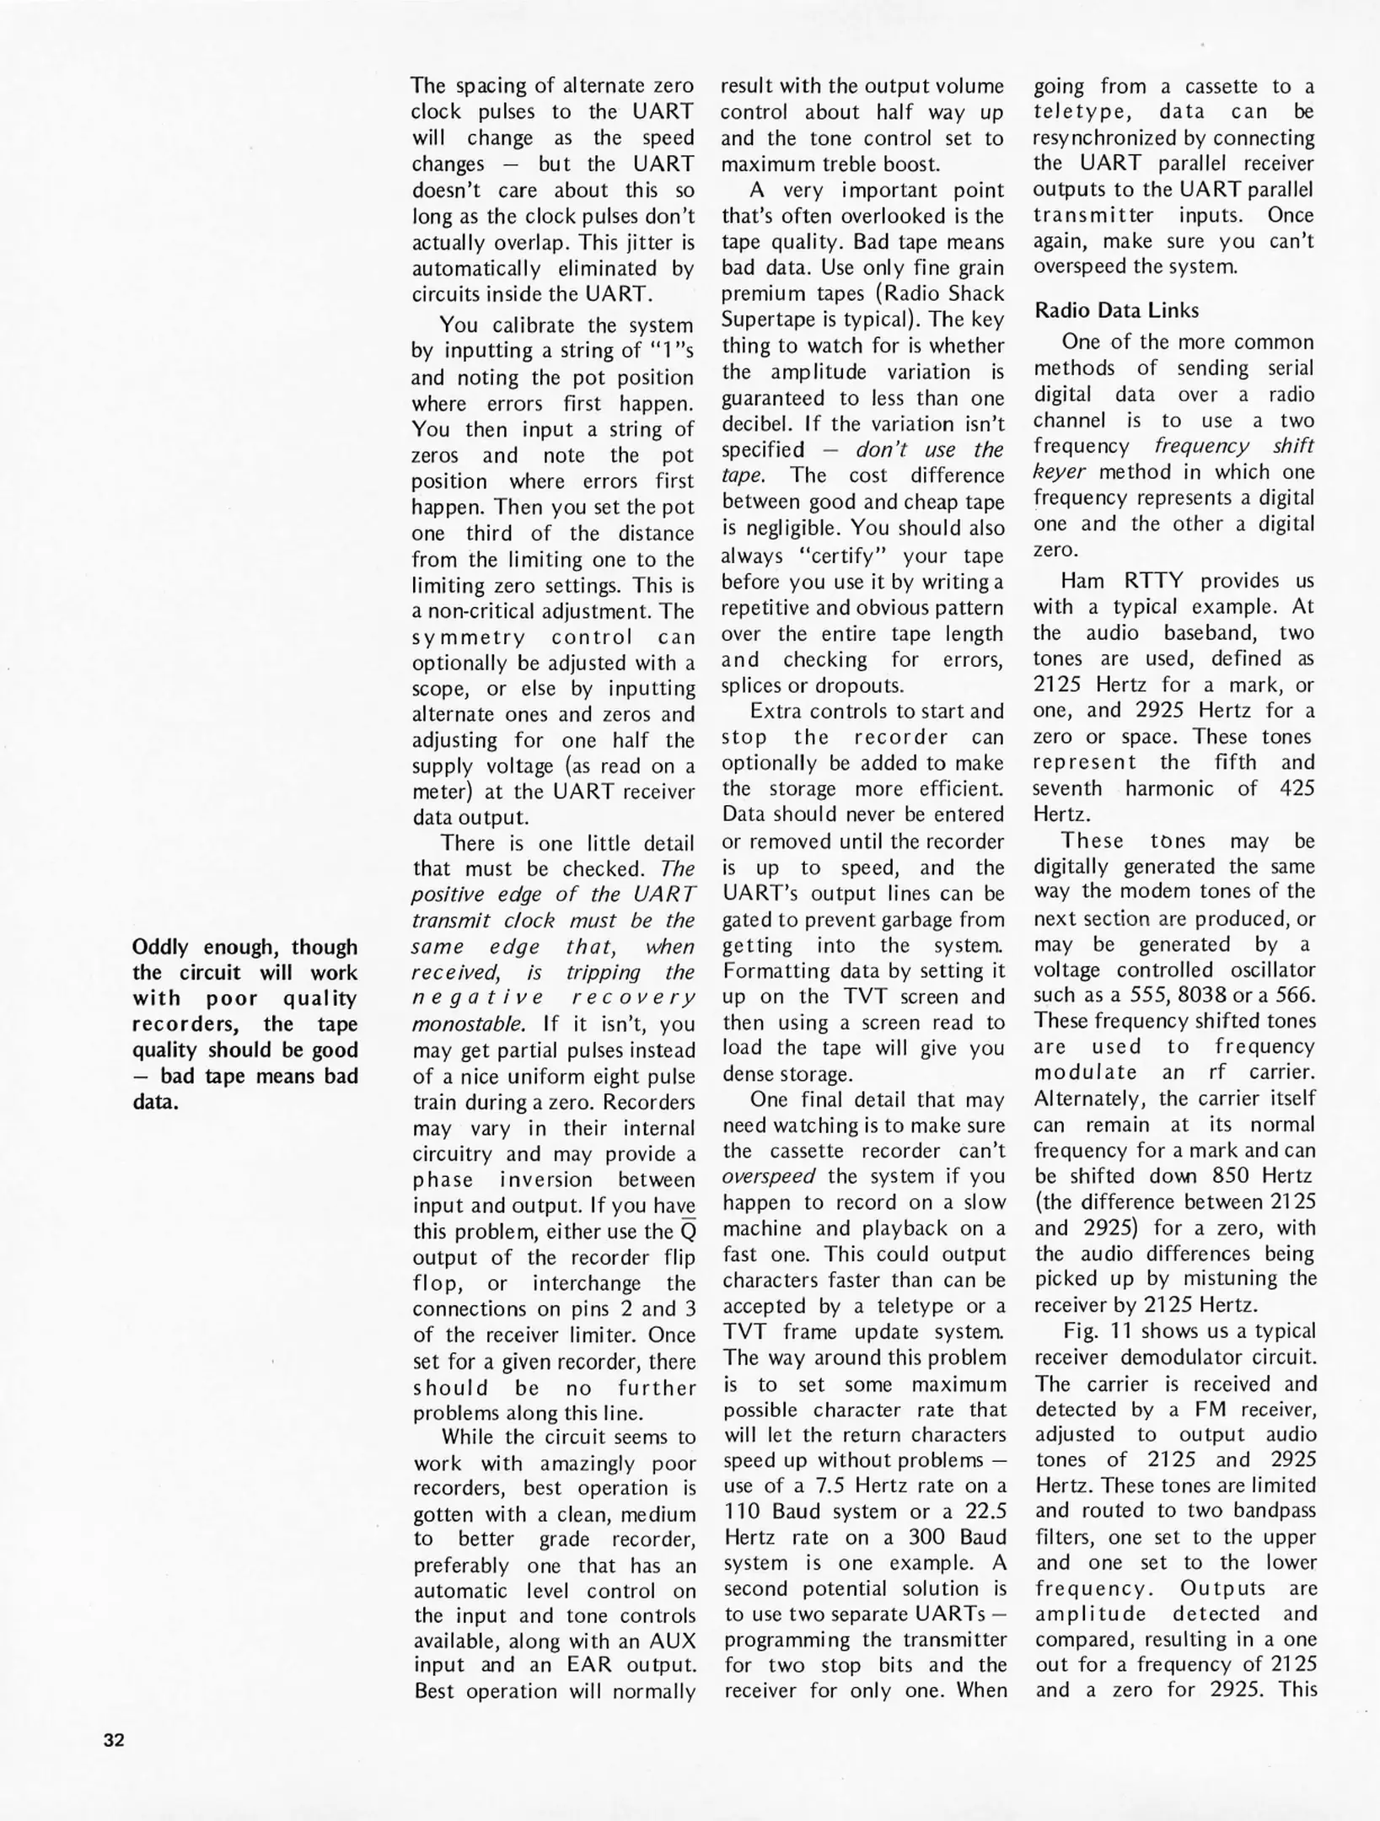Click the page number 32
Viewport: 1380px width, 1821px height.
point(114,1740)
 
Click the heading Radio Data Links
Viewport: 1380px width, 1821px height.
point(1116,310)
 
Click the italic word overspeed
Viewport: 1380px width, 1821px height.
point(768,1176)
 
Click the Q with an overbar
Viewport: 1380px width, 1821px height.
point(687,1232)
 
